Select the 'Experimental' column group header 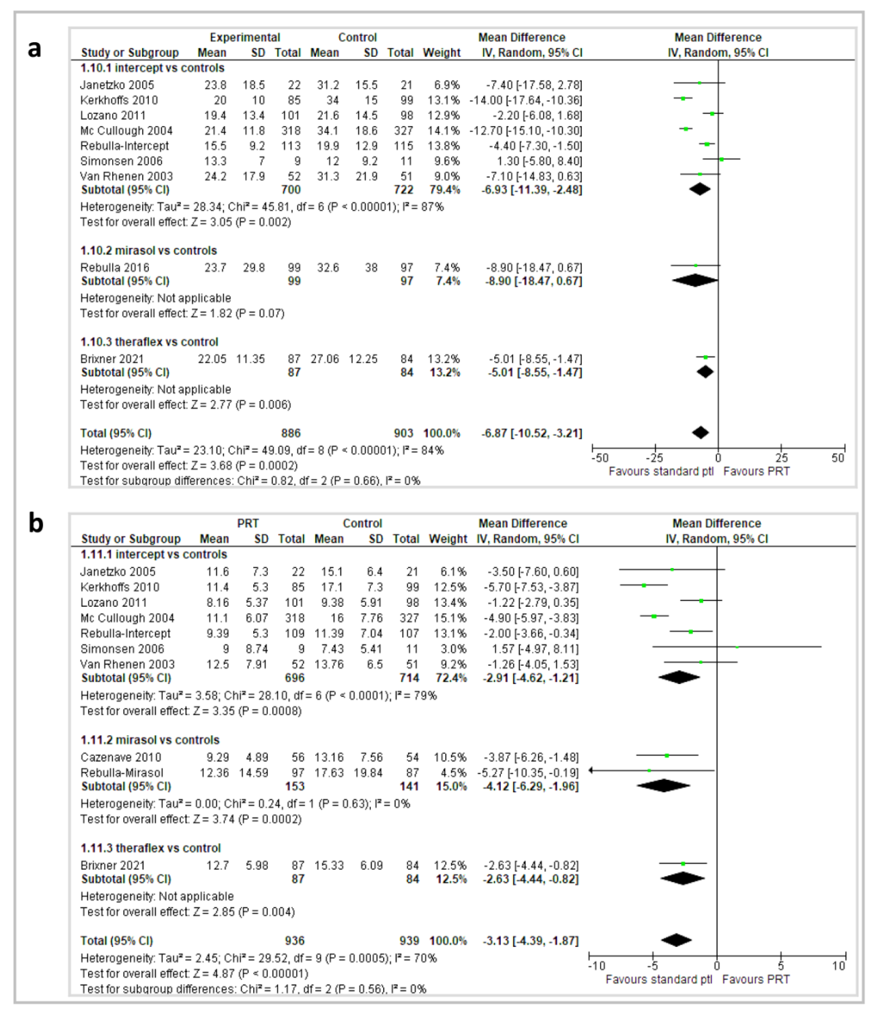click(x=245, y=38)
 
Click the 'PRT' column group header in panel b click(x=248, y=523)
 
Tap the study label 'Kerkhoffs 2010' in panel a click(x=119, y=101)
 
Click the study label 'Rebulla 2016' click(x=115, y=268)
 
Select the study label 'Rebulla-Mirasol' click(x=122, y=773)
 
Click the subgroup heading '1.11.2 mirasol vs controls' click(x=150, y=740)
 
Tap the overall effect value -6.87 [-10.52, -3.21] click(x=532, y=433)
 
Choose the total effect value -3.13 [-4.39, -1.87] click(x=531, y=941)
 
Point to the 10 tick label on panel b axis click(x=839, y=966)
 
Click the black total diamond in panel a click(x=700, y=433)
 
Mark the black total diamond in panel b click(x=676, y=940)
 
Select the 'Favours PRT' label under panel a click(x=756, y=472)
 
